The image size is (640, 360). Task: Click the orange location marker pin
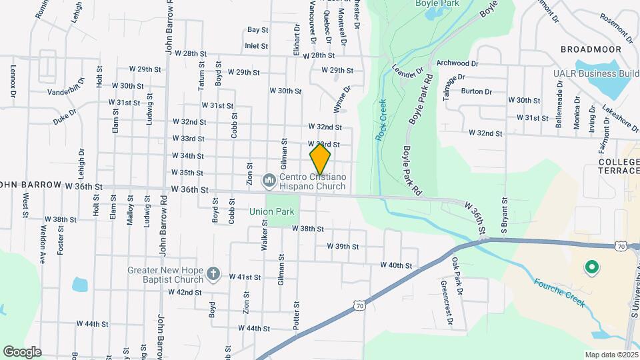(321, 159)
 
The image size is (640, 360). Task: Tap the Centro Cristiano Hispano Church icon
(269, 179)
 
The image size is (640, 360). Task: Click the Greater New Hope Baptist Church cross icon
(213, 273)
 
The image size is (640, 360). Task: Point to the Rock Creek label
(381, 119)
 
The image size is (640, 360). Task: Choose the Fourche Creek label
(559, 293)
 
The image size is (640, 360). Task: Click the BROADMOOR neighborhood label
(586, 49)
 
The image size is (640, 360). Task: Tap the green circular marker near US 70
(590, 268)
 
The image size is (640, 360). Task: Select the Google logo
(21, 351)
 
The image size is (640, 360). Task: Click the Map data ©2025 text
(611, 355)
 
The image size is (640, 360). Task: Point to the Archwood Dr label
(457, 63)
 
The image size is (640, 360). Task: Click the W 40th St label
(396, 265)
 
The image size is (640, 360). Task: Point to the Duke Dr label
(65, 117)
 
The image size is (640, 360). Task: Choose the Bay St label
(257, 30)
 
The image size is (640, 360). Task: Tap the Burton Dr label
(476, 92)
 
